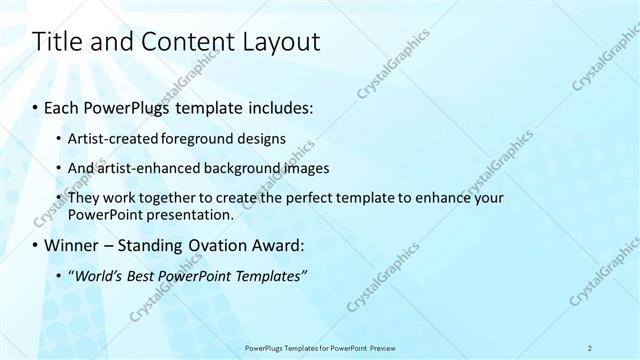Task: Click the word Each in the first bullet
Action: pyautogui.click(x=66, y=105)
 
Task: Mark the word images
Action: pyautogui.click(x=300, y=168)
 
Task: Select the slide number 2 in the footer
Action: pyautogui.click(x=590, y=348)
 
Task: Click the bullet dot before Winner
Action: pyautogui.click(x=37, y=245)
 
